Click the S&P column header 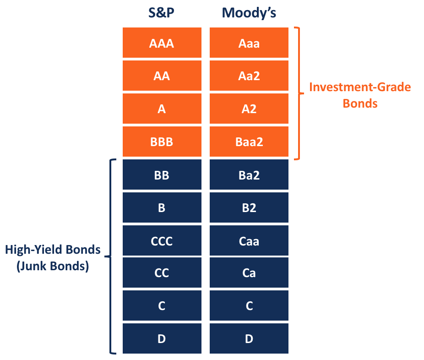click(x=162, y=13)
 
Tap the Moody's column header click(x=249, y=13)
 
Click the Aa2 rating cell click(x=249, y=76)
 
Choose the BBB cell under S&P click(x=162, y=142)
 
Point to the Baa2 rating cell click(x=249, y=142)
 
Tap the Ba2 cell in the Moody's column click(x=249, y=175)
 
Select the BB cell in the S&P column click(x=162, y=175)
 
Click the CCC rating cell click(x=162, y=241)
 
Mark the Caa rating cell click(x=249, y=241)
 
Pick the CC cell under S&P click(x=162, y=273)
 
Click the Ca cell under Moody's click(x=249, y=273)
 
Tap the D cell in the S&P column click(x=162, y=339)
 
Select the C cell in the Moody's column click(x=249, y=306)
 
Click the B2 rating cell click(x=249, y=208)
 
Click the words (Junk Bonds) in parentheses click(x=53, y=266)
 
